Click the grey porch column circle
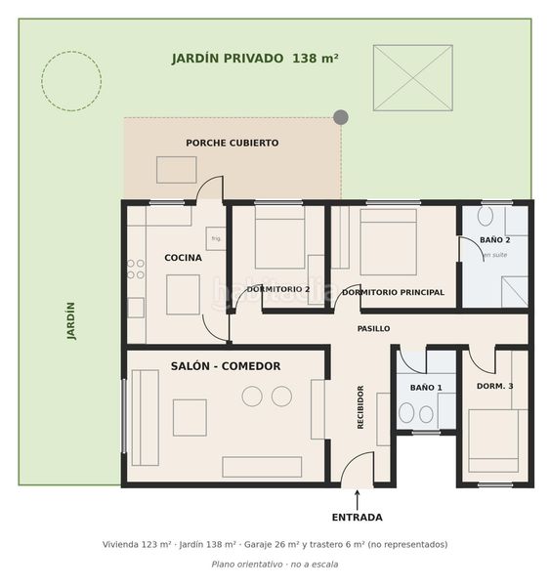tap(341, 117)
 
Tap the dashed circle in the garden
tap(71, 52)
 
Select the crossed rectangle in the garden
tap(413, 78)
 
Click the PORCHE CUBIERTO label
tap(233, 143)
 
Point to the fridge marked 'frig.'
tap(216, 238)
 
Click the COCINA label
tap(184, 258)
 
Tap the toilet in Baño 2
tap(486, 216)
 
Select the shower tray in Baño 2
tap(515, 291)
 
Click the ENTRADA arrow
tap(358, 500)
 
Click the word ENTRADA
tap(358, 518)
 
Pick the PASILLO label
tap(373, 328)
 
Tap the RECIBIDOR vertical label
tap(360, 407)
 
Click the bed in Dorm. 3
tap(493, 440)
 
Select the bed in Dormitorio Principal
tap(389, 242)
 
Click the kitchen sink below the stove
tap(136, 308)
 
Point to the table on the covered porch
tap(177, 170)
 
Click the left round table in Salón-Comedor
tap(252, 397)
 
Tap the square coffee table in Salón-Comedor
tap(190, 417)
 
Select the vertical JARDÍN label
tap(71, 320)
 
